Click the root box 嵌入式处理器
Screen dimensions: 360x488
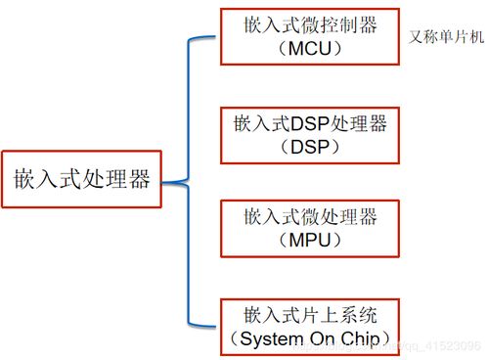point(82,181)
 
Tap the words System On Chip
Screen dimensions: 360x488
point(312,339)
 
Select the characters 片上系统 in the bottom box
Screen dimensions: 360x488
point(333,315)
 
